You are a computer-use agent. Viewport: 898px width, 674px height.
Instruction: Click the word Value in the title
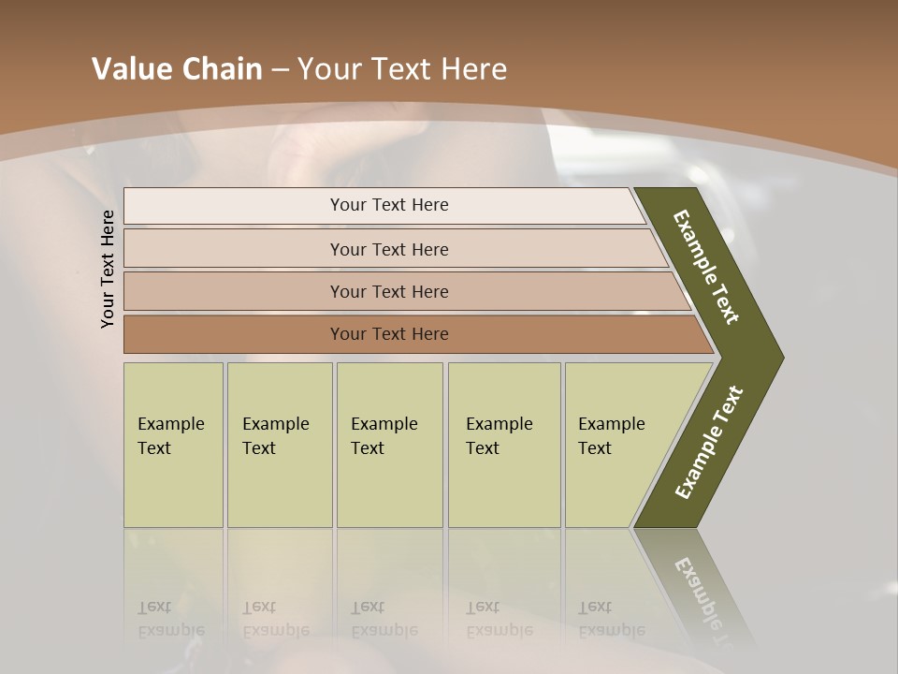131,69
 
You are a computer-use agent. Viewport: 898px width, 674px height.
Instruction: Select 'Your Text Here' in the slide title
402,69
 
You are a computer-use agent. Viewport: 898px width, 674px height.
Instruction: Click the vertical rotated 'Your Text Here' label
108,269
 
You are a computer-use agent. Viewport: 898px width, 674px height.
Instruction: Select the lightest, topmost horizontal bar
388,205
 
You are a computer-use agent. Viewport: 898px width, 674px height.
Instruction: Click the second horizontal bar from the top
388,249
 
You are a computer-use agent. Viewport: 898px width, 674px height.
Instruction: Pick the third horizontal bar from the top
388,291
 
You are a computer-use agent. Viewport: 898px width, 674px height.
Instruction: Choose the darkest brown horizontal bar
388,334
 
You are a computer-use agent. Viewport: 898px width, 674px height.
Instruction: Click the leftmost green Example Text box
173,445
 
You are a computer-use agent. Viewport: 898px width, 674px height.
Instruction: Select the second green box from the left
280,445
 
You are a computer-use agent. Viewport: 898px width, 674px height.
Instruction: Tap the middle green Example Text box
389,445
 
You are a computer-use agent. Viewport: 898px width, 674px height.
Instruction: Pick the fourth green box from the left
504,445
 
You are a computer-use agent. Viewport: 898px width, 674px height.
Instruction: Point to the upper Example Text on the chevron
706,267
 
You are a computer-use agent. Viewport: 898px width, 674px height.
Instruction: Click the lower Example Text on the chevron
709,443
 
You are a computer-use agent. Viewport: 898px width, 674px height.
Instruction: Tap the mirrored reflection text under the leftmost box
171,619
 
